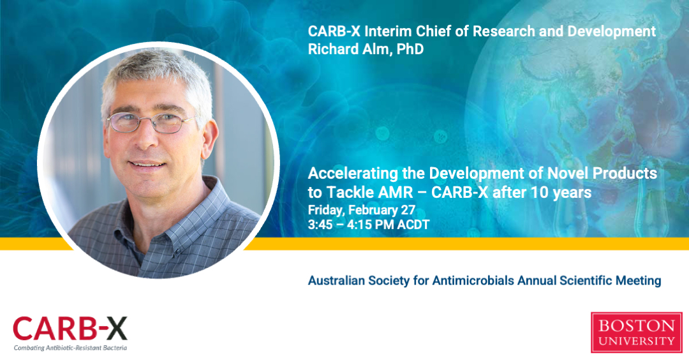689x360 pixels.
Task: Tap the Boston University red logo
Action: pos(636,333)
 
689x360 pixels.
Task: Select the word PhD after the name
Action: pos(410,49)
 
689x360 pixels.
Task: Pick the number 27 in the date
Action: pos(408,210)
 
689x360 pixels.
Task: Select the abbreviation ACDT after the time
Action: pos(413,225)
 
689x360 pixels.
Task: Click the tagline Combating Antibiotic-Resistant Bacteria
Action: pos(70,348)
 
